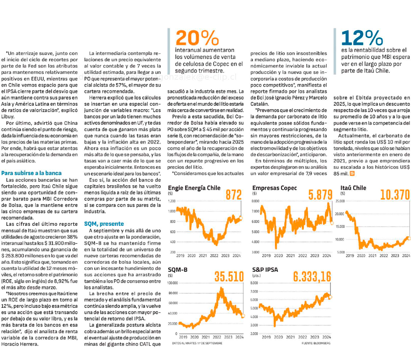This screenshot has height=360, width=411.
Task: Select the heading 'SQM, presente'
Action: pos(104,224)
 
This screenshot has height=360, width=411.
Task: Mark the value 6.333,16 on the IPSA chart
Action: pos(312,276)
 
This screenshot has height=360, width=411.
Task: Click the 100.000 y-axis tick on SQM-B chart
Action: pos(175,283)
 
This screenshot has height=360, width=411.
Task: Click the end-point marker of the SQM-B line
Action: pos(242,316)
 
